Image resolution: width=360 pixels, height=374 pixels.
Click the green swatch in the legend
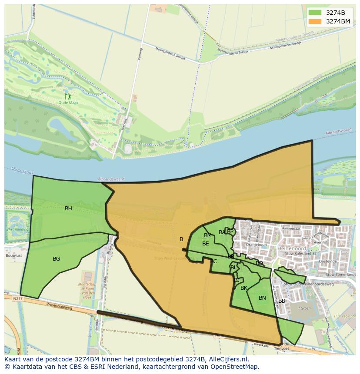click(x=315, y=13)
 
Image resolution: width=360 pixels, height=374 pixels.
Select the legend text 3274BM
click(x=338, y=21)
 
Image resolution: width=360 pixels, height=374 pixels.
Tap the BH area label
click(x=68, y=209)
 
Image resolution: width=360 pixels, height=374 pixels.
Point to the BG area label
click(x=56, y=259)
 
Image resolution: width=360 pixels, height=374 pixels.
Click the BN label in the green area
click(x=262, y=298)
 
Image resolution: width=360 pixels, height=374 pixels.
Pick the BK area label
click(x=243, y=288)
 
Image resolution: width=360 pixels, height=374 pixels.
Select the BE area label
click(x=205, y=244)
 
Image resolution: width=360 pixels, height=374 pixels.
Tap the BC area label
click(x=213, y=261)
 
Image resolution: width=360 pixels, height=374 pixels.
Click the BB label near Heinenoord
click(x=282, y=301)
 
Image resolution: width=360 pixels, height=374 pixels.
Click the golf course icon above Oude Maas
click(x=68, y=96)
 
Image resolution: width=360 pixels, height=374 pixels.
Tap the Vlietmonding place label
click(x=17, y=229)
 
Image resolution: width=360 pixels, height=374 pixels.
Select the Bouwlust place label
click(x=14, y=256)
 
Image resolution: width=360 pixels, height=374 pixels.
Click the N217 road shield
click(x=17, y=298)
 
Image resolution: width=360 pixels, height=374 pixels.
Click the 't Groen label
click(x=304, y=308)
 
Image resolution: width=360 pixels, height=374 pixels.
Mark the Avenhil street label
click(x=320, y=243)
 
